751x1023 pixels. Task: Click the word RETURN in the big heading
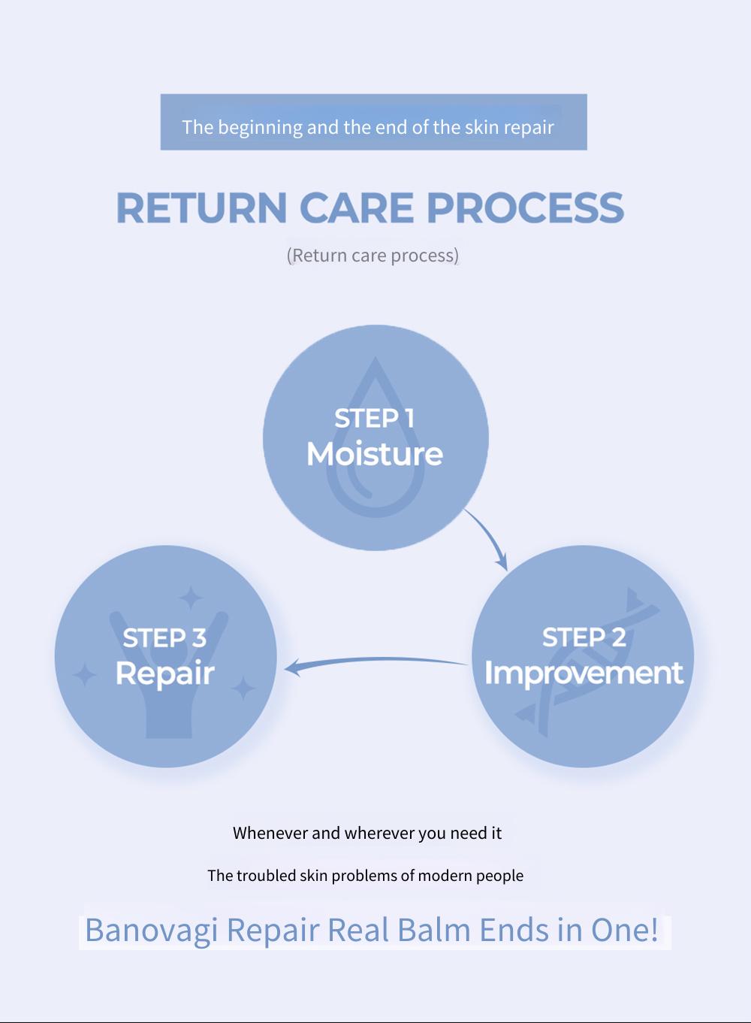tap(202, 207)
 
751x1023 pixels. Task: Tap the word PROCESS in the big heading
tap(525, 207)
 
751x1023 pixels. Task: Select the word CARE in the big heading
tap(356, 207)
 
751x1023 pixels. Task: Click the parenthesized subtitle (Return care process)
tap(372, 256)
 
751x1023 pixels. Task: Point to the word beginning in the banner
tap(260, 128)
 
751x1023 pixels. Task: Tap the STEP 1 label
tap(374, 419)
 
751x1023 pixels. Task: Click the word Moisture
tap(375, 454)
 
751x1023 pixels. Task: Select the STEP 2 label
tap(584, 637)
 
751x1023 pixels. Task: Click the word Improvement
tap(584, 673)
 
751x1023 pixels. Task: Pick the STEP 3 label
tap(164, 637)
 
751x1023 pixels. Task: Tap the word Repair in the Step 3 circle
tap(164, 673)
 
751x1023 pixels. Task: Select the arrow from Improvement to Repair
tap(375, 660)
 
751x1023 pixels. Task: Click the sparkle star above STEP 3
tap(190, 597)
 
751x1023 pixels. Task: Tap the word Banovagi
tap(151, 930)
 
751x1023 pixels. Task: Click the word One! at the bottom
tap(624, 929)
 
